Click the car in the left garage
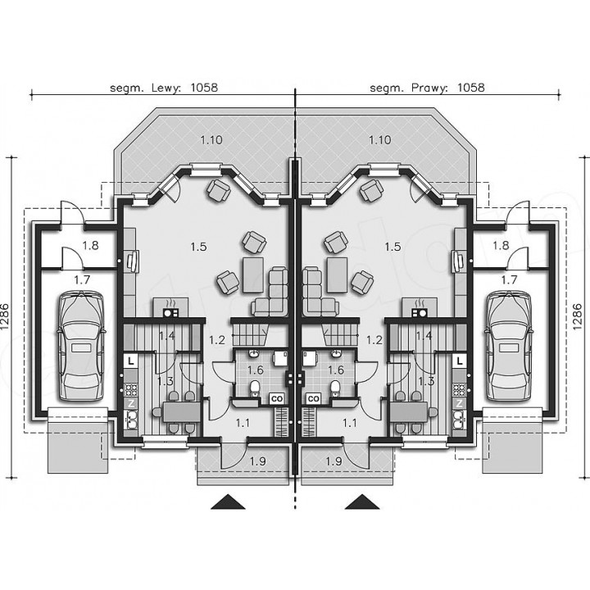click(x=81, y=347)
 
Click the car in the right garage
click(x=509, y=347)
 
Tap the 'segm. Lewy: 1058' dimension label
click(x=164, y=88)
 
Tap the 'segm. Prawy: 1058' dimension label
click(x=427, y=88)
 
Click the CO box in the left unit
click(x=277, y=398)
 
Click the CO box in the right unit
click(x=313, y=398)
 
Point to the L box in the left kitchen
click(x=130, y=361)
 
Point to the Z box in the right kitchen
click(x=459, y=404)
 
